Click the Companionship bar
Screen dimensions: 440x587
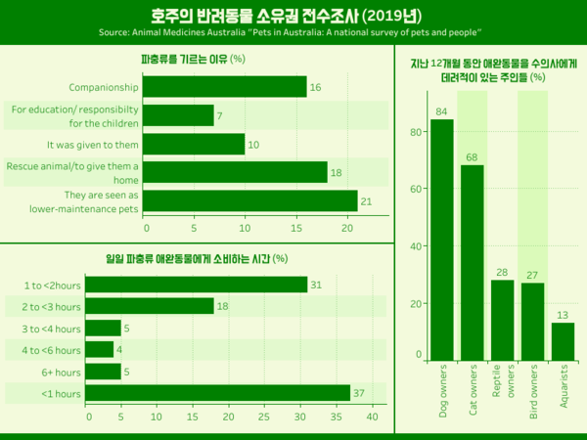point(226,88)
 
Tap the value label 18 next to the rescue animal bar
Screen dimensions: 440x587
point(336,173)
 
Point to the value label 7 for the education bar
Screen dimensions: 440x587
point(219,116)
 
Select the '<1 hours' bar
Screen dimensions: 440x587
point(218,393)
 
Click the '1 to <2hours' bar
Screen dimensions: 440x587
point(197,285)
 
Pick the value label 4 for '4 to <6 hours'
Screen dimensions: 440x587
point(119,350)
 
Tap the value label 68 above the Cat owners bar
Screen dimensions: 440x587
point(472,157)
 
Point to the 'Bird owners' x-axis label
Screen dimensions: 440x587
point(533,392)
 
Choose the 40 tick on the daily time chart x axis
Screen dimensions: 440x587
point(372,417)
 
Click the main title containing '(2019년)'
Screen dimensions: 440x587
point(293,16)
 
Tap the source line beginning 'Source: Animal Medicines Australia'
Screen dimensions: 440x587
point(293,33)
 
